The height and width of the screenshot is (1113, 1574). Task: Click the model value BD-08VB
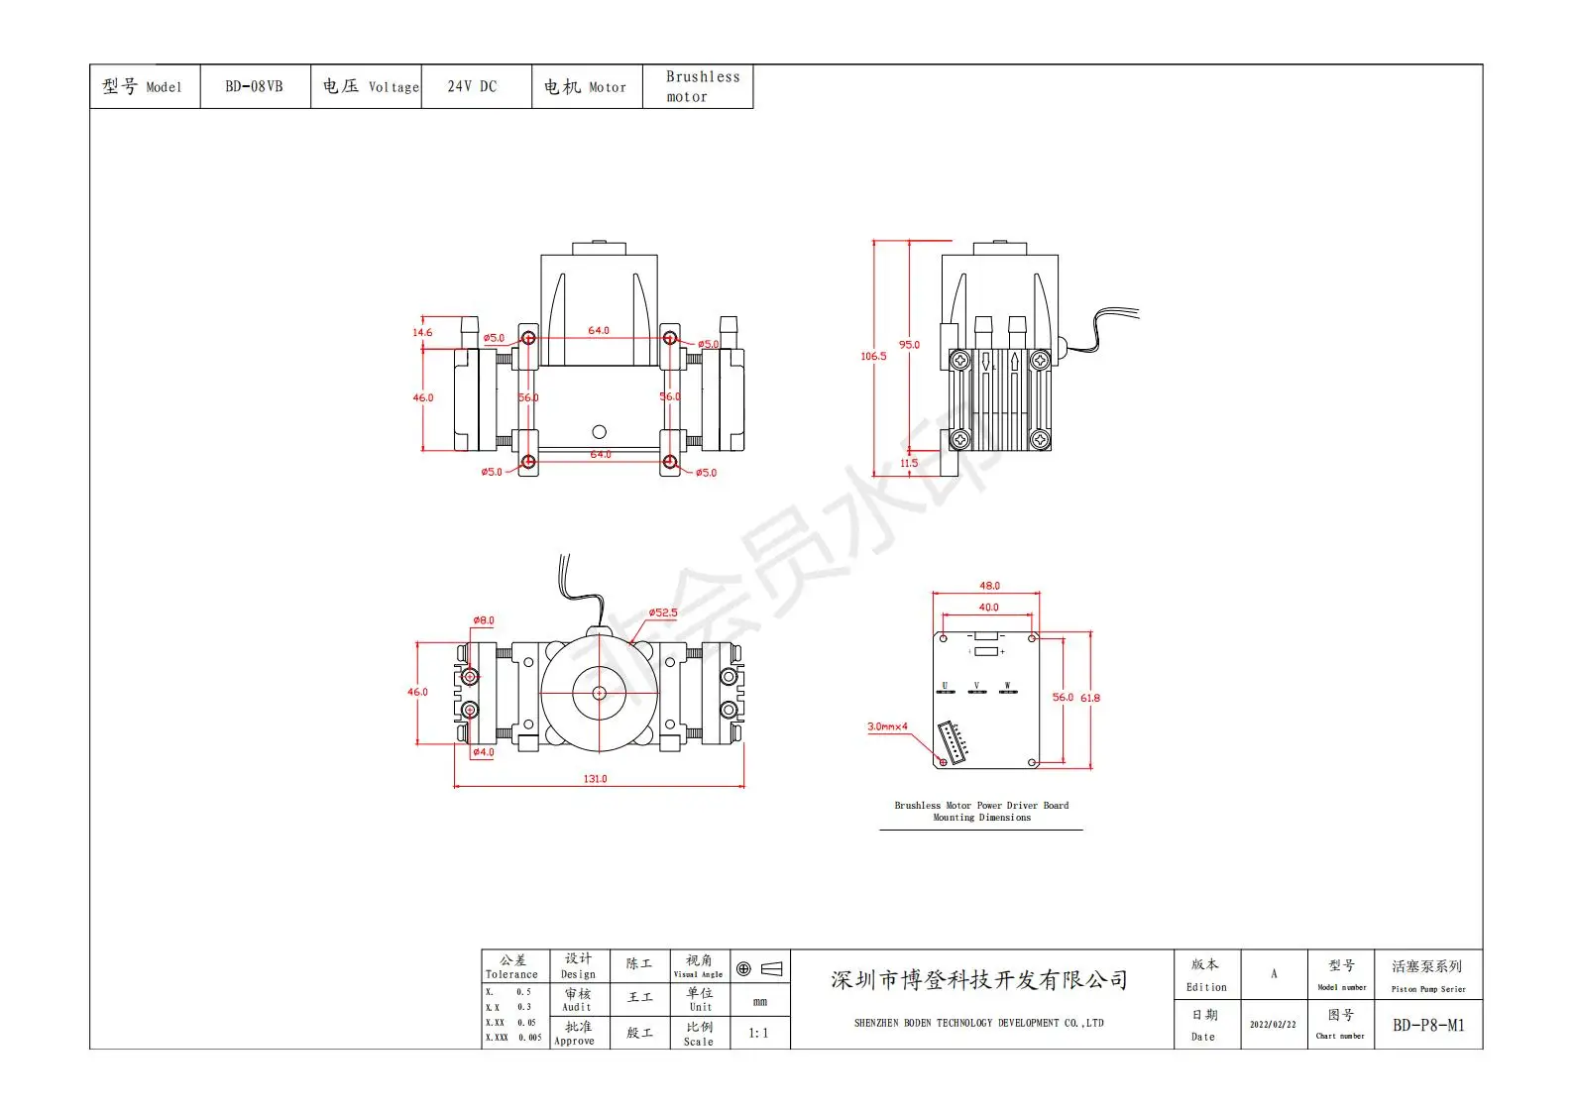pyautogui.click(x=254, y=86)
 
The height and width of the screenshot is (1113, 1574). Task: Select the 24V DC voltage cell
pyautogui.click(x=472, y=86)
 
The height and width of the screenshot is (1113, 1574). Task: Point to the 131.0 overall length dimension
pyautogui.click(x=595, y=779)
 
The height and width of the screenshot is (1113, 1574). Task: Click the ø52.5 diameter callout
pyautogui.click(x=663, y=612)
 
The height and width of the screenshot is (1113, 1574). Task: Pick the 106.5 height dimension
pyautogui.click(x=873, y=356)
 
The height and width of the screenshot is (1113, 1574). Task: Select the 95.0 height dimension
pyautogui.click(x=909, y=345)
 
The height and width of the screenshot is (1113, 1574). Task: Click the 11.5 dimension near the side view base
pyautogui.click(x=909, y=463)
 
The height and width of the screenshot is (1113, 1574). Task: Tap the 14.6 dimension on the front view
pyautogui.click(x=422, y=332)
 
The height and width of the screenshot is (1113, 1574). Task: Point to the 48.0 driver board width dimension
pyautogui.click(x=989, y=586)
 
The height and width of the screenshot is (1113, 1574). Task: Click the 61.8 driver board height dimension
pyautogui.click(x=1090, y=698)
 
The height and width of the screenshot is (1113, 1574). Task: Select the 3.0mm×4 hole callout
pyautogui.click(x=887, y=726)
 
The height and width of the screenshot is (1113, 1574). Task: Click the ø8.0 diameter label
pyautogui.click(x=483, y=620)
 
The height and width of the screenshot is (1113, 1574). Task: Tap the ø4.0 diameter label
pyautogui.click(x=483, y=752)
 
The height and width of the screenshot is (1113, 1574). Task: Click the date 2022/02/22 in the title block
pyautogui.click(x=1273, y=1025)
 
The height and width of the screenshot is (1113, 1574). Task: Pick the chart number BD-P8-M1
pyautogui.click(x=1427, y=1025)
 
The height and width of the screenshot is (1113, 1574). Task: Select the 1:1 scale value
pyautogui.click(x=758, y=1033)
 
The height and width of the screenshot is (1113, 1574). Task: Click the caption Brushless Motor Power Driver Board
pyautogui.click(x=981, y=806)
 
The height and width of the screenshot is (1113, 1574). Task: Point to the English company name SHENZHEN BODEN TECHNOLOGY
pyautogui.click(x=978, y=1023)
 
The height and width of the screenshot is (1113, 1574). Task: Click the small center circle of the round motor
pyautogui.click(x=599, y=694)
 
